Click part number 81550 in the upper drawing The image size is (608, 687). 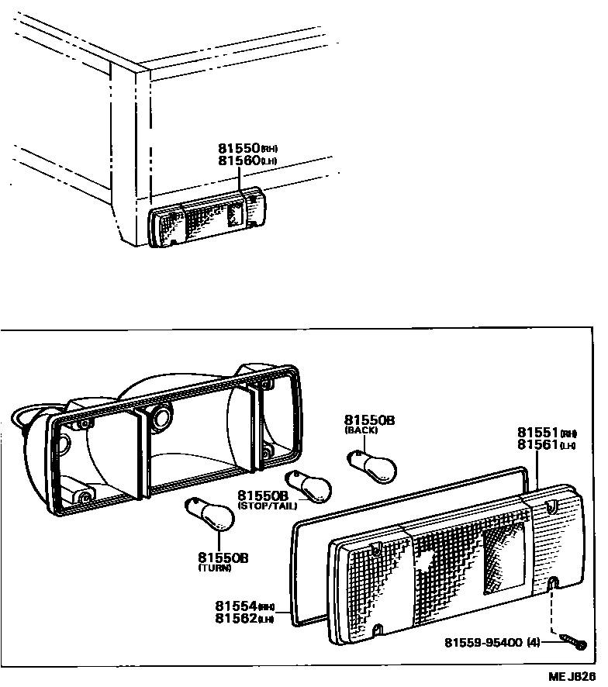tap(238, 148)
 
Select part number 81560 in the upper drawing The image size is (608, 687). tap(238, 161)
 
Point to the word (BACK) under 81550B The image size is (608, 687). tap(361, 430)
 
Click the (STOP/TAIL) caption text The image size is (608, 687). tap(267, 506)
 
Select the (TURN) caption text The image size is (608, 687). tap(214, 568)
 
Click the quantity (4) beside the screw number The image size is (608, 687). tap(534, 642)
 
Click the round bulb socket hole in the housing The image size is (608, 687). tap(161, 417)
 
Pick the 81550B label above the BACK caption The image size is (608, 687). tap(370, 419)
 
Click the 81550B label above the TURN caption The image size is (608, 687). tap(223, 558)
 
